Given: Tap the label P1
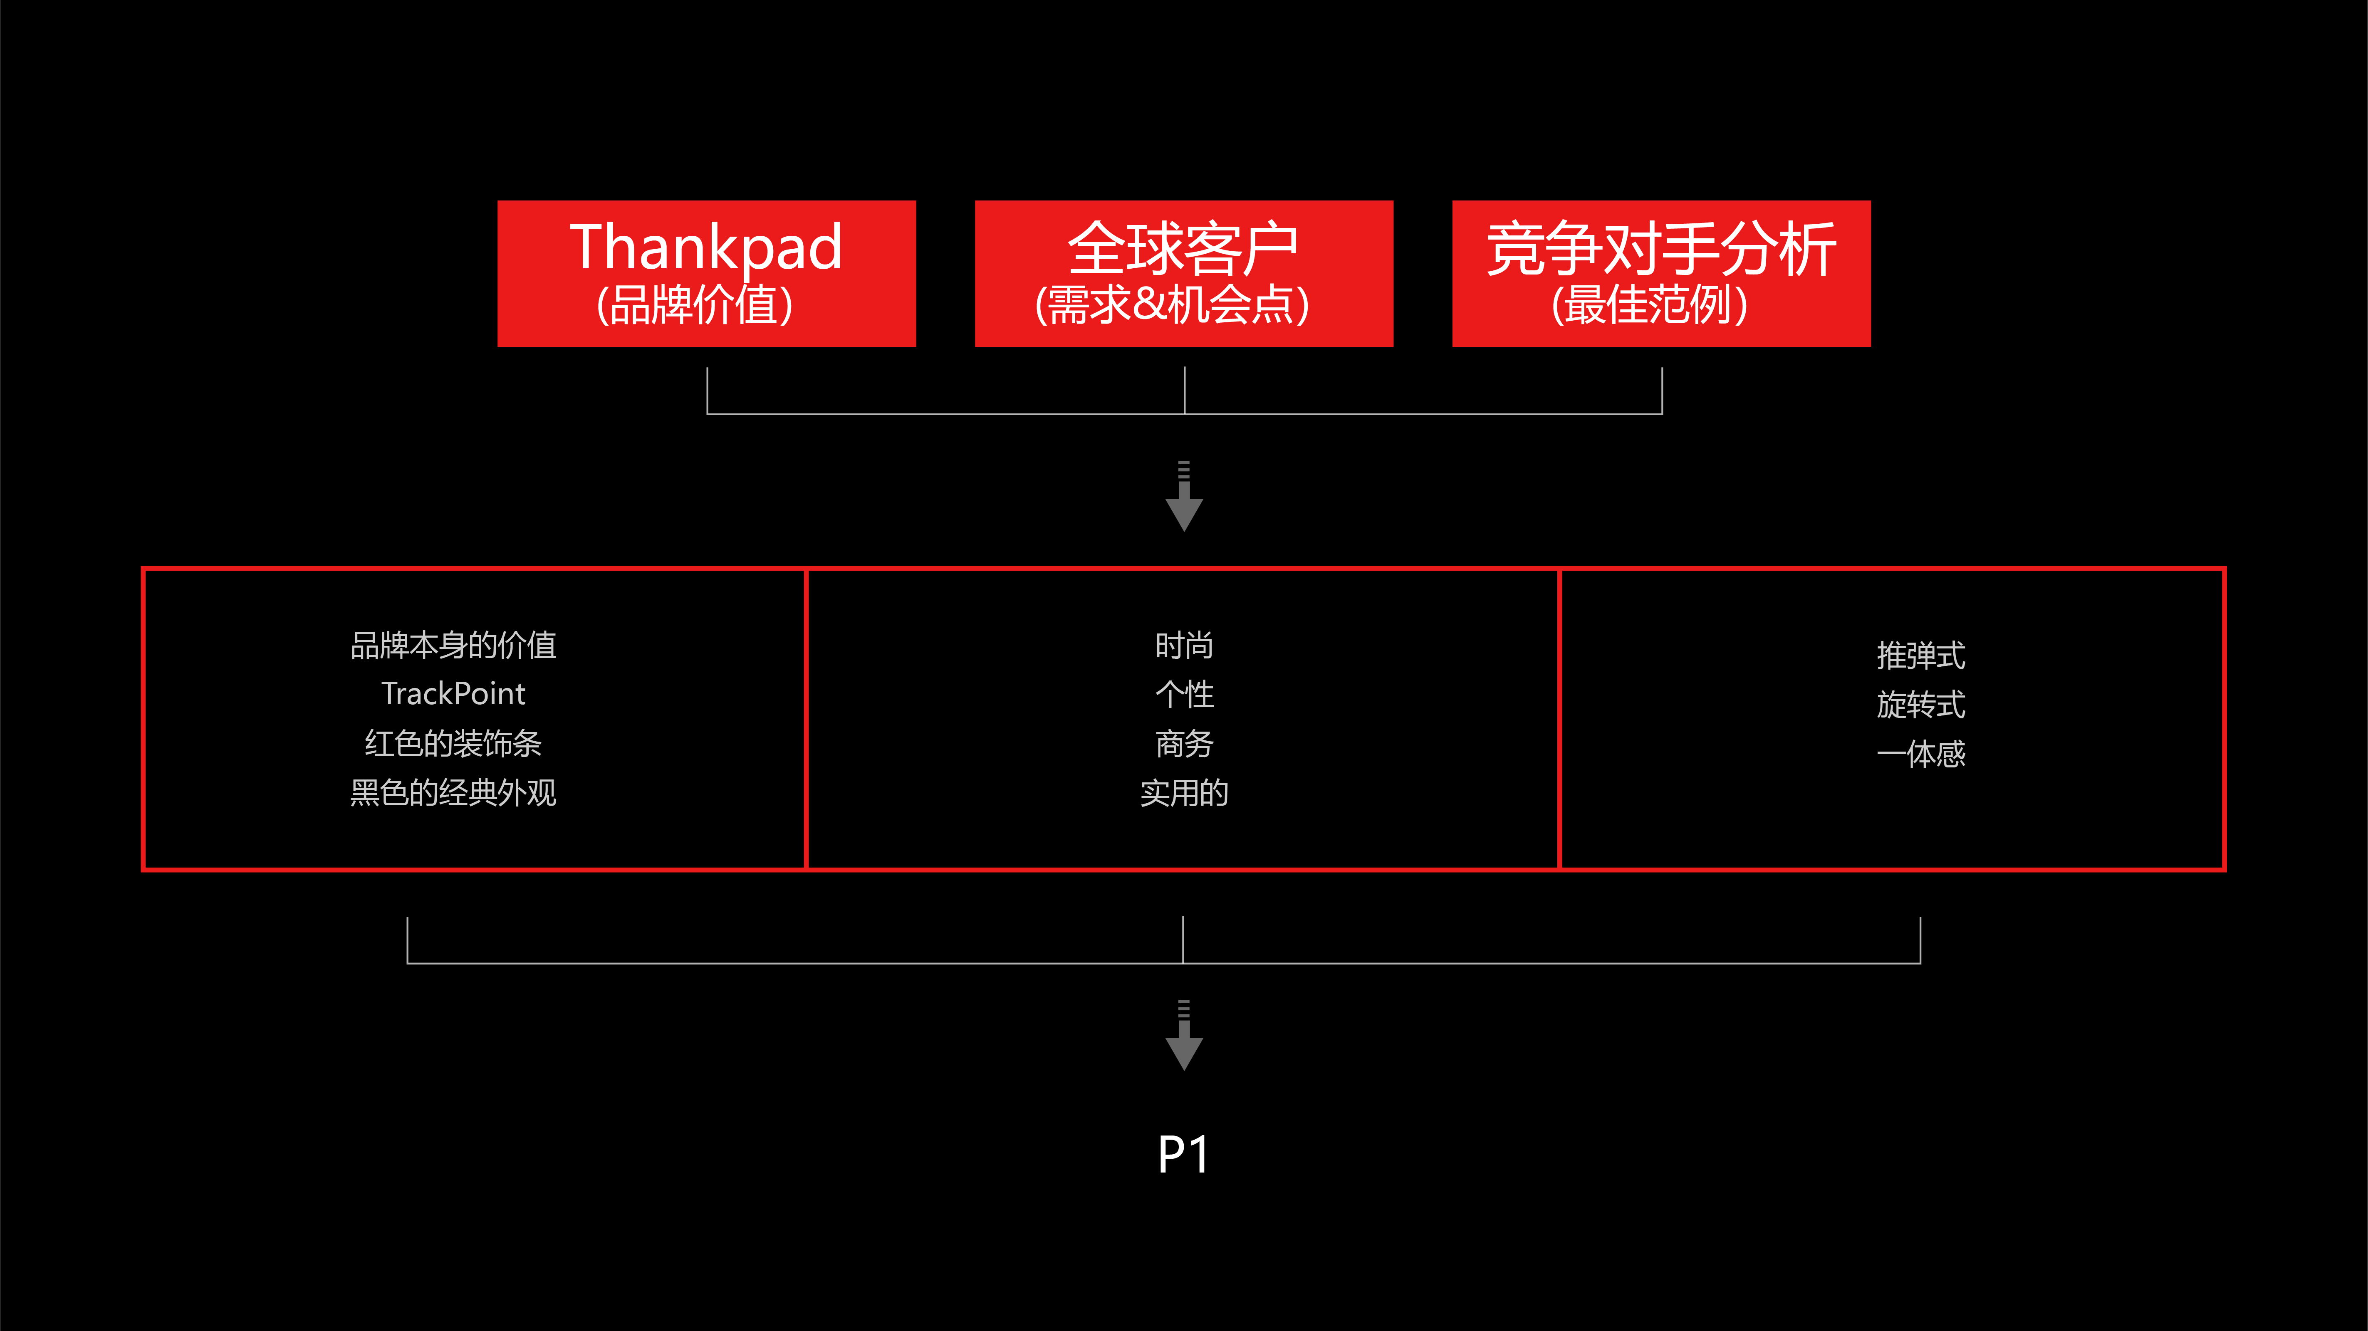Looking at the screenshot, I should click(x=1183, y=1155).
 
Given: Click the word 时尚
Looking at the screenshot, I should click(x=1184, y=645).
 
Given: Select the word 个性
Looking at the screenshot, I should click(x=1184, y=694).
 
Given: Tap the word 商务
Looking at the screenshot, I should click(x=1184, y=743).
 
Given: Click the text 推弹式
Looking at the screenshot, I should click(x=1920, y=656).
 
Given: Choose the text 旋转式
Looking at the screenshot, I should click(x=1920, y=705).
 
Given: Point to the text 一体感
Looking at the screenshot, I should click(x=1920, y=754).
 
